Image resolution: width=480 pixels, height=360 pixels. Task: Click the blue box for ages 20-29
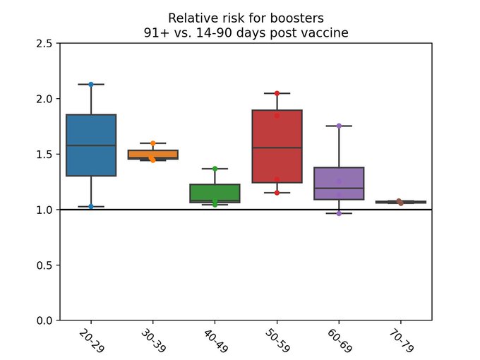coord(91,145)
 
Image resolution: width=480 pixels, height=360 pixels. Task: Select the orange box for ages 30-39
coord(153,154)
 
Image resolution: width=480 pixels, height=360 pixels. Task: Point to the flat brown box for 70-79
coord(400,202)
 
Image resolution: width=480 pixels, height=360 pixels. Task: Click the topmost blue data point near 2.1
coord(91,84)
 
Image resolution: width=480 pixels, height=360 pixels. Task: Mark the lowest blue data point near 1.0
coord(91,206)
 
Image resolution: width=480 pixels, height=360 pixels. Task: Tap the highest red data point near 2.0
coord(277,93)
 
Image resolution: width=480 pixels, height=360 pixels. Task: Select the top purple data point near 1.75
coord(339,126)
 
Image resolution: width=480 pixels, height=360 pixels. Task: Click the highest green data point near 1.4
coord(215,169)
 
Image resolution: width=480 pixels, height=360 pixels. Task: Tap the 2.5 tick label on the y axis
coord(44,44)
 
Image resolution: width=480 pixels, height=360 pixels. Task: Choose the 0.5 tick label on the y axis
coord(44,265)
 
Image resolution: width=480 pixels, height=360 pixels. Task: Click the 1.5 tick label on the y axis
coord(44,155)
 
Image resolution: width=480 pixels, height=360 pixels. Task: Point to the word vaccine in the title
coord(328,32)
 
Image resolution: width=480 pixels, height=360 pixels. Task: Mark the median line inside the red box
coord(277,148)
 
